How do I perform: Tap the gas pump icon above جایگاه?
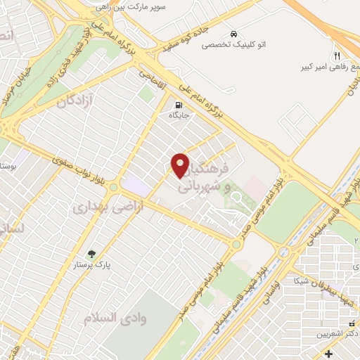[x=179, y=106]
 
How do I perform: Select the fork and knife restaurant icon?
[x=337, y=56]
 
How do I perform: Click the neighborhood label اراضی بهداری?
[x=101, y=207]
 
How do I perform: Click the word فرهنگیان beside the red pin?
[x=207, y=171]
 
